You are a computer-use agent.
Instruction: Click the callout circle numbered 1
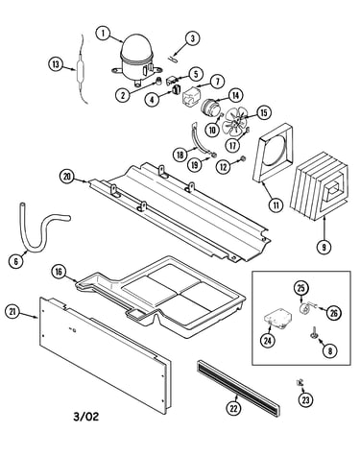pos(104,33)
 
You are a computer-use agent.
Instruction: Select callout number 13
pos(56,64)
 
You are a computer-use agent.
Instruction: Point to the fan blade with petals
pos(235,123)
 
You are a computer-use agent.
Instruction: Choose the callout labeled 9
pos(324,247)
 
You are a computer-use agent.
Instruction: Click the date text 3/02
pos(86,417)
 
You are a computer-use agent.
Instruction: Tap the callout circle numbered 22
pos(234,408)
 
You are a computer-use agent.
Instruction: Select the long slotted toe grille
pos(238,387)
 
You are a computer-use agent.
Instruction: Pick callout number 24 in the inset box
pos(268,341)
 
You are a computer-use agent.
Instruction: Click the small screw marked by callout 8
pos(313,333)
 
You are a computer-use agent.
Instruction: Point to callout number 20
pos(67,177)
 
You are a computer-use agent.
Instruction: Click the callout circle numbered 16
pos(59,272)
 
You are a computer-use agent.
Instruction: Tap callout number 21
pos(12,312)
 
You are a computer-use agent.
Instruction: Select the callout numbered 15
pos(264,113)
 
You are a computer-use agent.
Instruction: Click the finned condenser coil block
pos(319,186)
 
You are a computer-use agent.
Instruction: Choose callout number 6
pos(16,261)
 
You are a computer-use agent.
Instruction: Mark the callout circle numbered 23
pos(306,399)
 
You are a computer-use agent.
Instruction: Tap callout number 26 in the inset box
pos(334,313)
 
